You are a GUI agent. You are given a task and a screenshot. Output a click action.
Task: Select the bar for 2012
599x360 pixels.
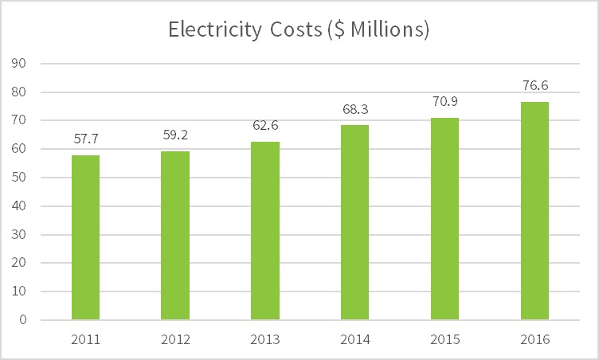pyautogui.click(x=175, y=236)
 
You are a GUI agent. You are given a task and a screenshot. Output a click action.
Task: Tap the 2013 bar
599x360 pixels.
pyautogui.click(x=265, y=231)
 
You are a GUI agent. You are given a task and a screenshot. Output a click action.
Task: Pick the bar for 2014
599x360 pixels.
pyautogui.click(x=355, y=222)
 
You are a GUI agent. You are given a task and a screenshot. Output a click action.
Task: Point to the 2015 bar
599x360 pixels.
pyautogui.click(x=444, y=219)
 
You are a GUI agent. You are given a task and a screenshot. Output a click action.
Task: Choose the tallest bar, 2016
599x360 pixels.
pyautogui.click(x=534, y=211)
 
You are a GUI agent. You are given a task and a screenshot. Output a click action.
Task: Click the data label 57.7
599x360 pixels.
pyautogui.click(x=85, y=139)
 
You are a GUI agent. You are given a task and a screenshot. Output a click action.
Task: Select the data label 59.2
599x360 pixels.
pyautogui.click(x=175, y=135)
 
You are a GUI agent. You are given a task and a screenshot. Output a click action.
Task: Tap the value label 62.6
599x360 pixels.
pyautogui.click(x=265, y=126)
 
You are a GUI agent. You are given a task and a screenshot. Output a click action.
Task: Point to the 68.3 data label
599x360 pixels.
pyautogui.click(x=355, y=109)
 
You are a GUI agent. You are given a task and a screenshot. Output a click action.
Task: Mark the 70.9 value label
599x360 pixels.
pyautogui.click(x=444, y=102)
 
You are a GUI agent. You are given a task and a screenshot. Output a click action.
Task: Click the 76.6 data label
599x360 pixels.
pyautogui.click(x=534, y=85)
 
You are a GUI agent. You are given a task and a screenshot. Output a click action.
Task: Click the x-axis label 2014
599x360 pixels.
pyautogui.click(x=355, y=339)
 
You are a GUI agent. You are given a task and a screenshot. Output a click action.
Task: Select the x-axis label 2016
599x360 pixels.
pyautogui.click(x=534, y=339)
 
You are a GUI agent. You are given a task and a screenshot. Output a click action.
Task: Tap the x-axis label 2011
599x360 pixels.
pyautogui.click(x=85, y=339)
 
